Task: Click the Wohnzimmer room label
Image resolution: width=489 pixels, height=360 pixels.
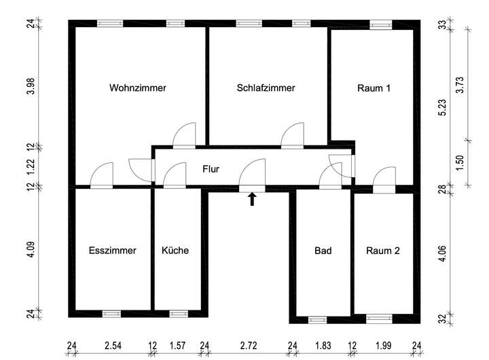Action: pos(138,88)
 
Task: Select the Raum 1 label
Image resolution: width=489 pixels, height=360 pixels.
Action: pos(374,88)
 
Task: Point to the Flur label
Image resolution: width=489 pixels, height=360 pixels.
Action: pos(210,168)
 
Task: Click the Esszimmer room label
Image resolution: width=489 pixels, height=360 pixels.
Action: pos(113,250)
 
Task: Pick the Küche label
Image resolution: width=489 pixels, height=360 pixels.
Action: pos(175,250)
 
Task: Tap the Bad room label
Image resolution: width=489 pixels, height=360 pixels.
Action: pos(323,250)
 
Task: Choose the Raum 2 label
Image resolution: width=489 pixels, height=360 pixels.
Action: pos(383,250)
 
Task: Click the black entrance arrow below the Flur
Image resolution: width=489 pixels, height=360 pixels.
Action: pos(253,198)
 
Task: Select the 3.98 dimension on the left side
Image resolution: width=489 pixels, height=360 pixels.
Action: pos(31,87)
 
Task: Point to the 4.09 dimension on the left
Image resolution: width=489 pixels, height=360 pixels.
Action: pos(31,250)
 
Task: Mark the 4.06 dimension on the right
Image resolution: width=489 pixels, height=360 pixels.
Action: pos(441,253)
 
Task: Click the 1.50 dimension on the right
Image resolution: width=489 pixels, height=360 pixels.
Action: pos(461,164)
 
